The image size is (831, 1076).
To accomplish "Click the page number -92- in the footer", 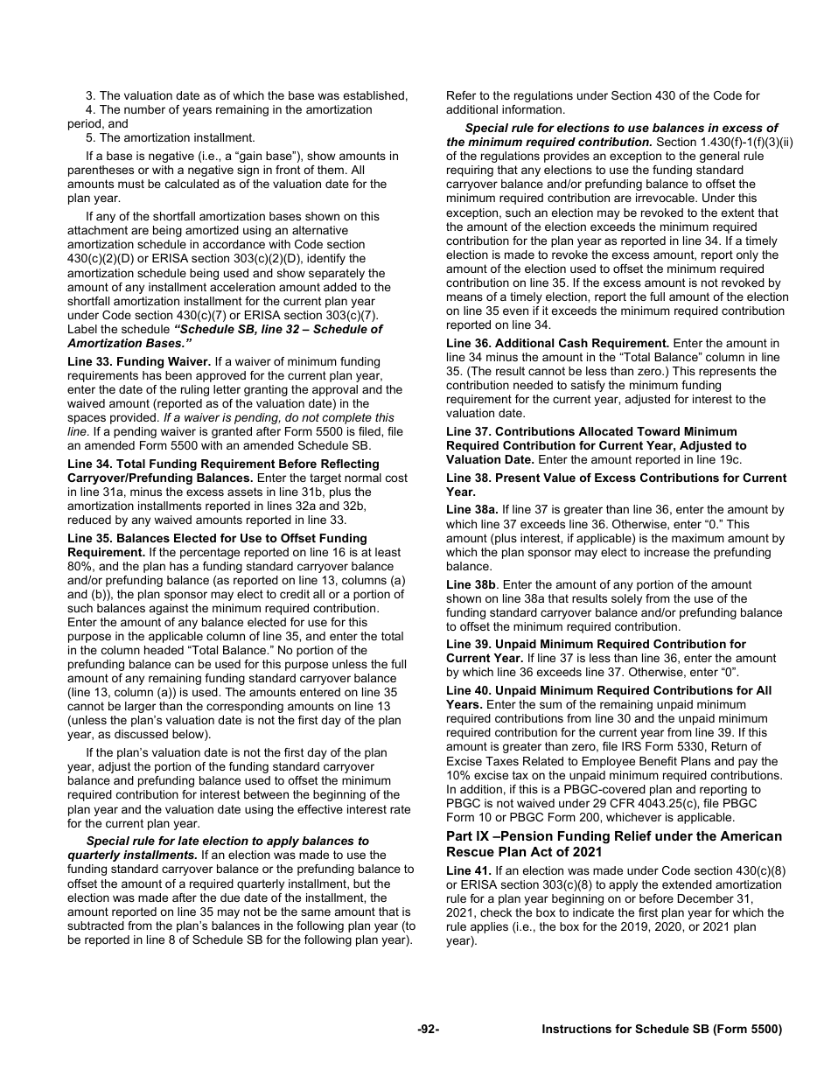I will [428, 1030].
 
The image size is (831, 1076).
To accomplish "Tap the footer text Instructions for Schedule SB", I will [661, 1030].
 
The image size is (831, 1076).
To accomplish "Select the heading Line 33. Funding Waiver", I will [138, 361].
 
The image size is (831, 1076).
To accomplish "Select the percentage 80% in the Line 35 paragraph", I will [80, 566].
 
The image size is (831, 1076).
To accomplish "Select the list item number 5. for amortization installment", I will [90, 137].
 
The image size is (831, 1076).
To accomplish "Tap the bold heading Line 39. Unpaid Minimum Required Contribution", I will [596, 644].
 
